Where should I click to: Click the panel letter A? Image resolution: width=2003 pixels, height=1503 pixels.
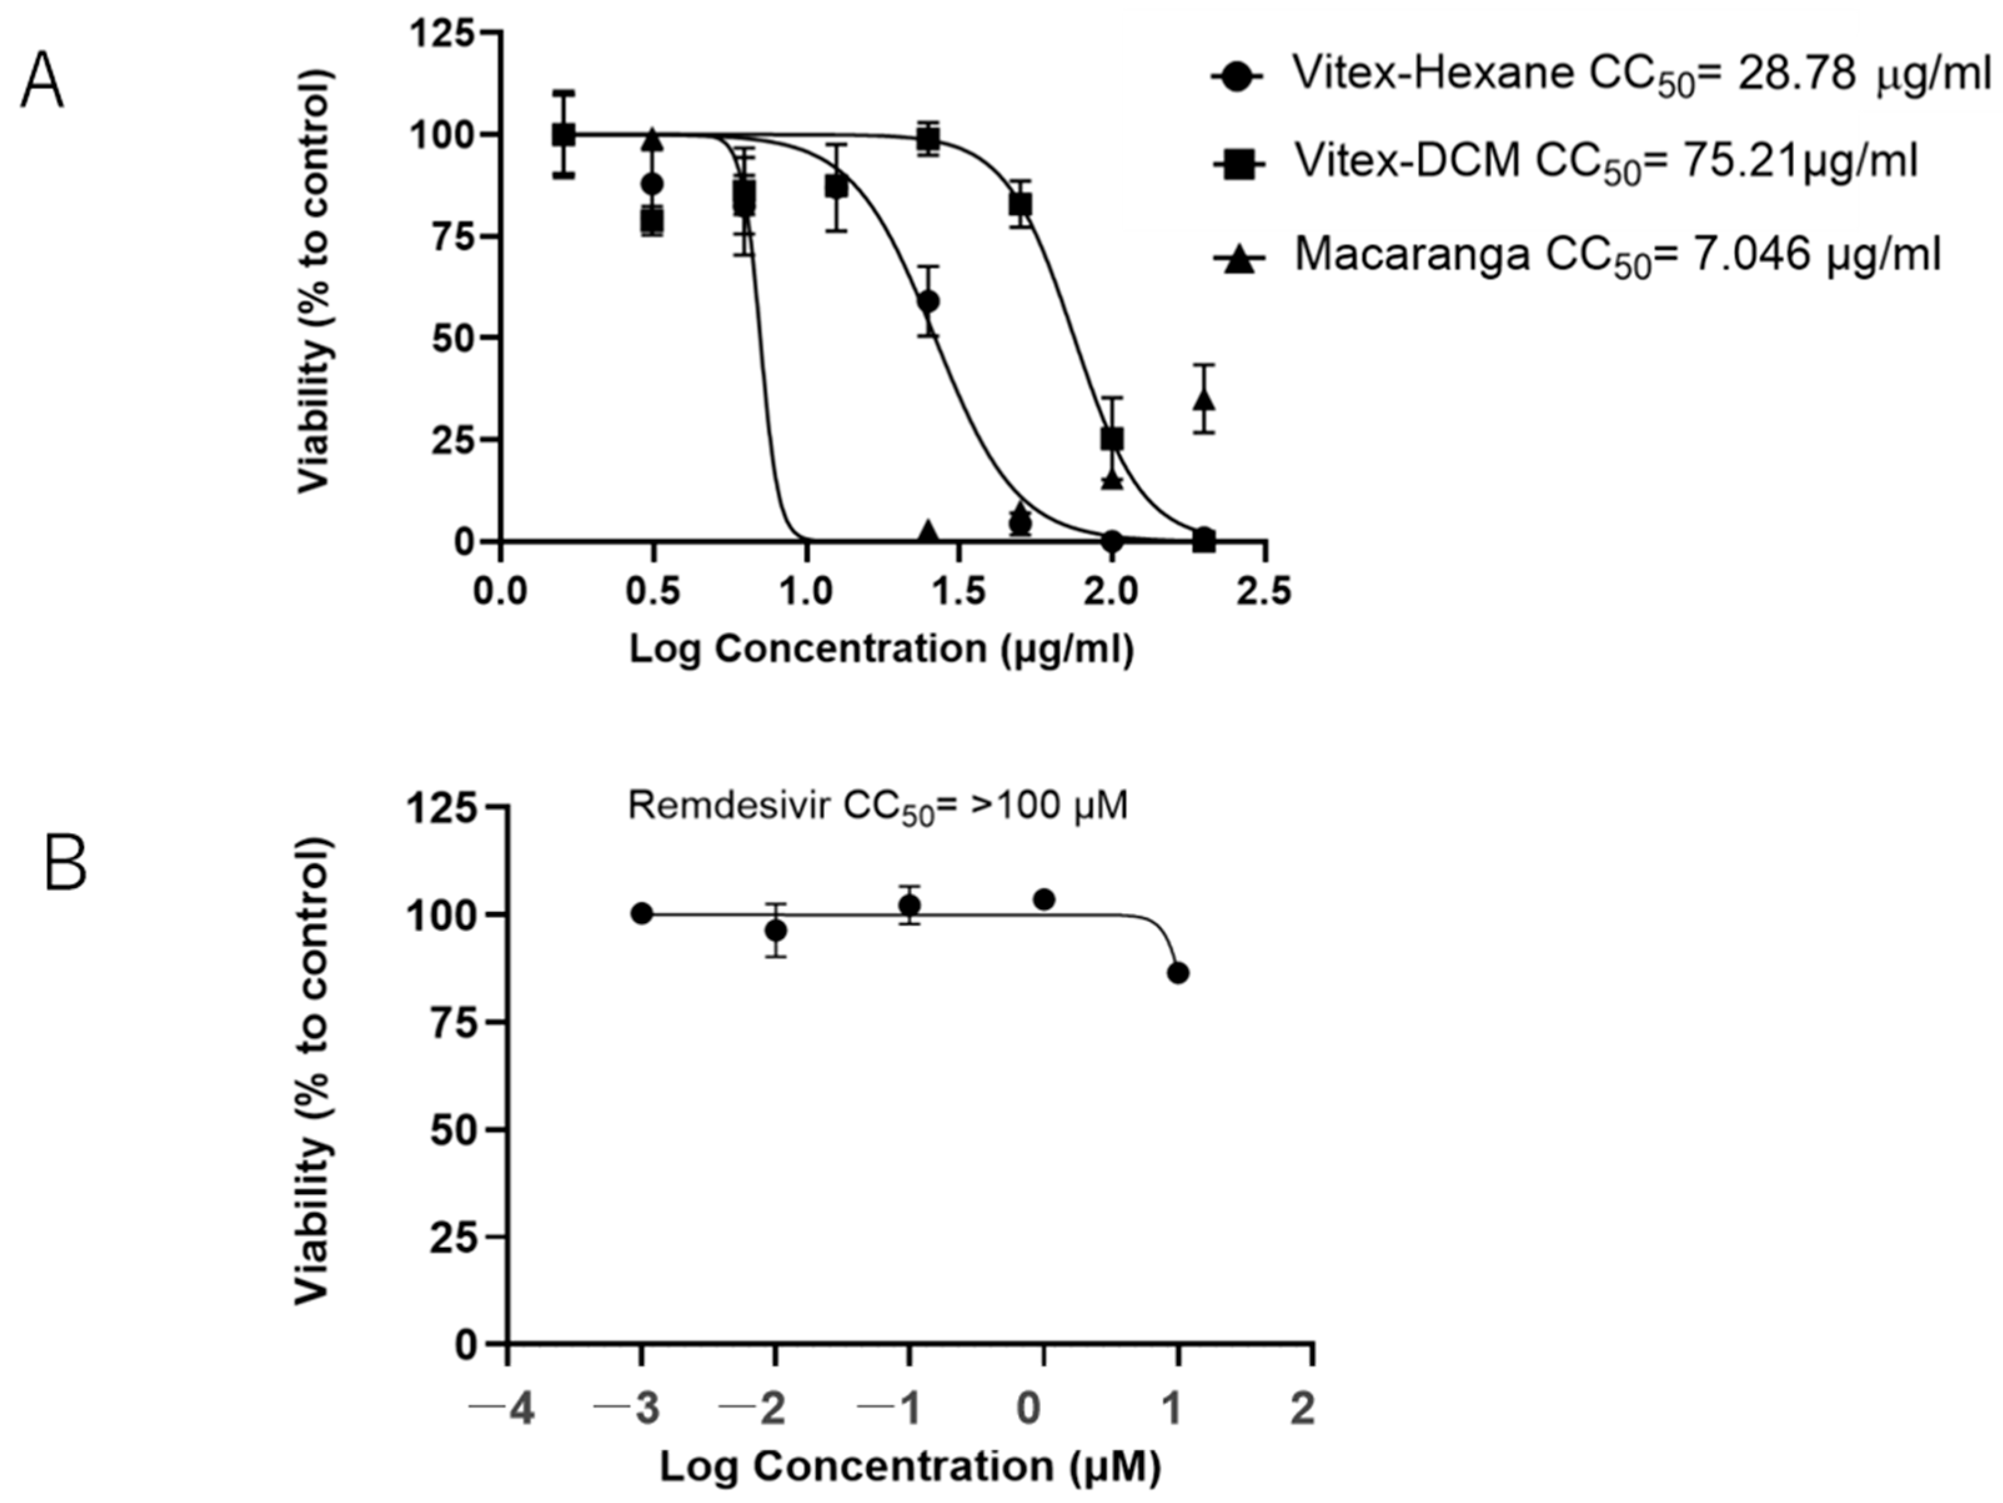(x=42, y=82)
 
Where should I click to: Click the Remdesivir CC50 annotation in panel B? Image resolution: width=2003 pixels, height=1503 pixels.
(x=877, y=805)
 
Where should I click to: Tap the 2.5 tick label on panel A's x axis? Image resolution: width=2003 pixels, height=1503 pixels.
(x=1265, y=593)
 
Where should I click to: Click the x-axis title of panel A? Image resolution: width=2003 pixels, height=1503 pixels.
(x=881, y=649)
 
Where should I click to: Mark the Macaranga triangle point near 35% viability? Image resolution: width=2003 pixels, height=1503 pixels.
(x=1203, y=399)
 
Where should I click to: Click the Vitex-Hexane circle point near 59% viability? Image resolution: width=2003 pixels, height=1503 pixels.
(x=928, y=301)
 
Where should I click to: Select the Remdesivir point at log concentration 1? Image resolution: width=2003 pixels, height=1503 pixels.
(x=1177, y=973)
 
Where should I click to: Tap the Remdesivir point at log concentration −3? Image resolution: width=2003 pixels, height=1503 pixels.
(x=642, y=914)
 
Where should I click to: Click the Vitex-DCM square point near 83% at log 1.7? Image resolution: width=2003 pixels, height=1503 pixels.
(x=1020, y=205)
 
